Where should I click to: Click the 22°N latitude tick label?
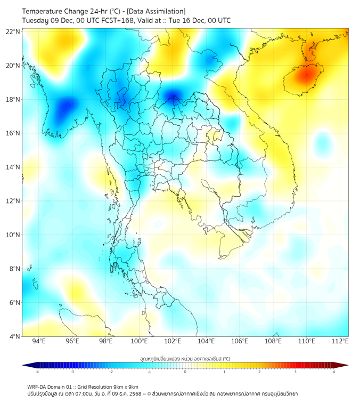pos(13,31)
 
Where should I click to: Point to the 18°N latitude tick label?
pos(13,100)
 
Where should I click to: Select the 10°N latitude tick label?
pos(13,235)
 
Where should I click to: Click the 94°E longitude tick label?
pos(39,341)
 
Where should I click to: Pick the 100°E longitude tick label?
pos(139,341)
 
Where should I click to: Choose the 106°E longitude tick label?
pos(240,341)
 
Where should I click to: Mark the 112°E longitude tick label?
pos(340,341)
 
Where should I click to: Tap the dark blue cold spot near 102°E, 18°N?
pos(173,98)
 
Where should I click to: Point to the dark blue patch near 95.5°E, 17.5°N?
pos(66,106)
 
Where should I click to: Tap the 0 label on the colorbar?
pos(185,372)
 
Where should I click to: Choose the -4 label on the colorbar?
pos(36,372)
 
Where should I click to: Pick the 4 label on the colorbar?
pos(334,372)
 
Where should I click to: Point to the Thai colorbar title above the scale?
pos(185,358)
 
